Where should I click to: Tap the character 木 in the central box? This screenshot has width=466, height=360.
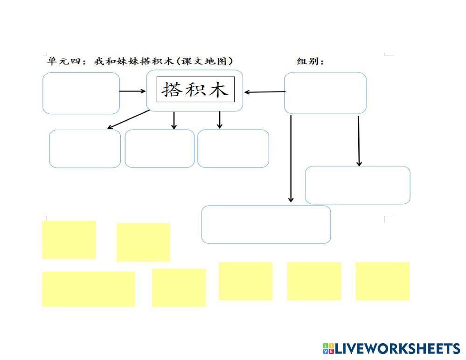pos(218,90)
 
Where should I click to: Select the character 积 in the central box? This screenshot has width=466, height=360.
pos(195,90)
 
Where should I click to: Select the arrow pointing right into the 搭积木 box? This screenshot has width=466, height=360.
pos(133,91)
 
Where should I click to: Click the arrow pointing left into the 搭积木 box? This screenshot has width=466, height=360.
pos(264,92)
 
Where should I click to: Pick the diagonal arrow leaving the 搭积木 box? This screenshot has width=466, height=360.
pos(128,119)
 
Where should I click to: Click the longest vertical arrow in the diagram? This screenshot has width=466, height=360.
pos(291,159)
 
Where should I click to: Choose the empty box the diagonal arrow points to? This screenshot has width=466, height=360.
pos(85,149)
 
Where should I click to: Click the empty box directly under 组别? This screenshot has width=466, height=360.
pos(325,93)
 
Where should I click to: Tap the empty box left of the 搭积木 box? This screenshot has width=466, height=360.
pos(81,93)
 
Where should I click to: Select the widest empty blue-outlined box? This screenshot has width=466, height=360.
pos(266,224)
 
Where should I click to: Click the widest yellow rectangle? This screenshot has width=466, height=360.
pos(89,289)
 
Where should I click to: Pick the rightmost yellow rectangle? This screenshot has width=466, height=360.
pos(383,281)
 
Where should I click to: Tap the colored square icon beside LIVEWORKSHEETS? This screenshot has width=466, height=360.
pos(328,348)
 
